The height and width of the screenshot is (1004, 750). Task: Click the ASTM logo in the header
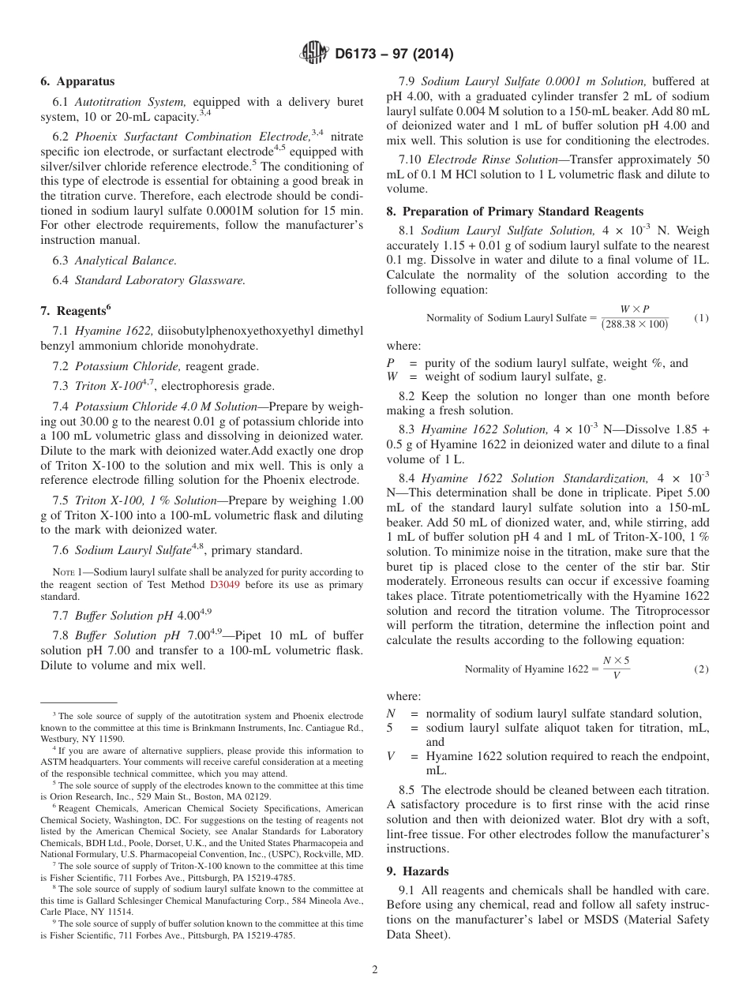314,54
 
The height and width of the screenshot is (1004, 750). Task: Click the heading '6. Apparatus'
77,81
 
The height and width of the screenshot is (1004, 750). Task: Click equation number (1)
701,317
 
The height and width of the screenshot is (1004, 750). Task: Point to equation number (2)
701,669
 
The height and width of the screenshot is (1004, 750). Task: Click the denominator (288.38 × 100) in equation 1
635,324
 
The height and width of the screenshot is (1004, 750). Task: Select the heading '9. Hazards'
418,871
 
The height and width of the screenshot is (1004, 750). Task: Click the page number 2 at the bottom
375,970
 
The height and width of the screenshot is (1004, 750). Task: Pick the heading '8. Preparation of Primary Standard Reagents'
515,211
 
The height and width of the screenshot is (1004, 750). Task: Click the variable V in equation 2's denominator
616,676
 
